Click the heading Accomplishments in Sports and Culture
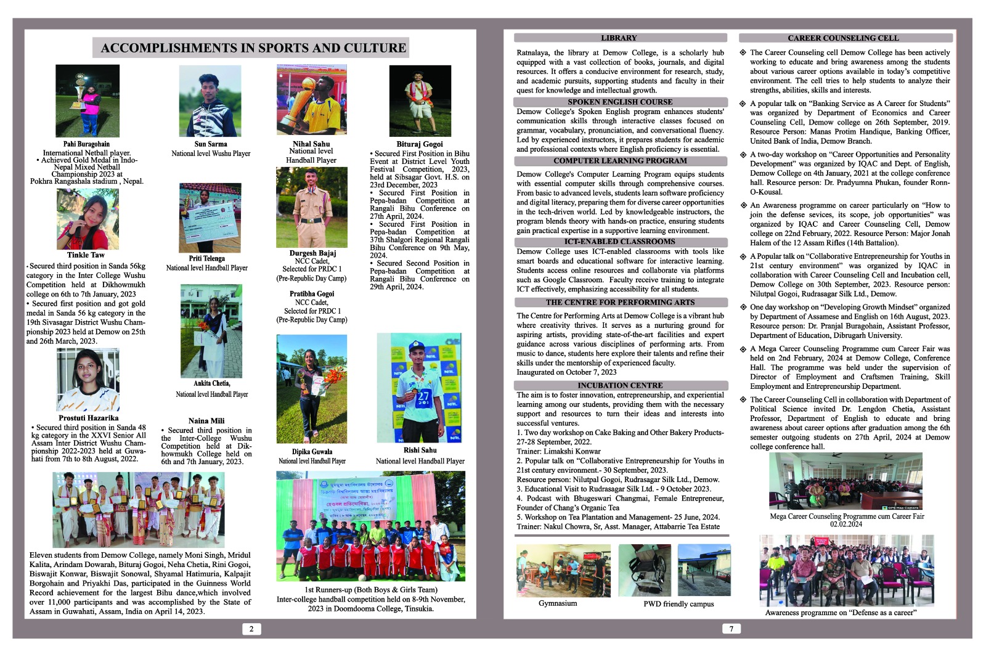[253, 48]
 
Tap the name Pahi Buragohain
[86, 144]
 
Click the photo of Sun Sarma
[210, 102]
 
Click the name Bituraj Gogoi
[419, 144]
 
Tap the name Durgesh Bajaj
[312, 253]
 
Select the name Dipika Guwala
[312, 452]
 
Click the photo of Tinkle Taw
[88, 219]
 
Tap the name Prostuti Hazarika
[88, 418]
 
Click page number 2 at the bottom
[251, 629]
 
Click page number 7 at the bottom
[731, 629]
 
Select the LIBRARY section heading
[619, 38]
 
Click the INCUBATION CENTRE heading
[620, 385]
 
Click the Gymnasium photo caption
[558, 603]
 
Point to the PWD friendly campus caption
[678, 604]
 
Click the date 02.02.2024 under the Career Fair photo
[846, 524]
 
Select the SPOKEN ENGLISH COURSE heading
[620, 102]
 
